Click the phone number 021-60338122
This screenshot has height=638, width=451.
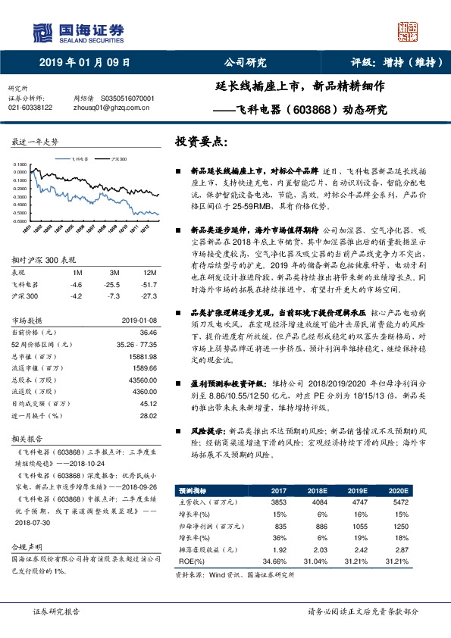point(30,108)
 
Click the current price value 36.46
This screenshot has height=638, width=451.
point(148,332)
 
